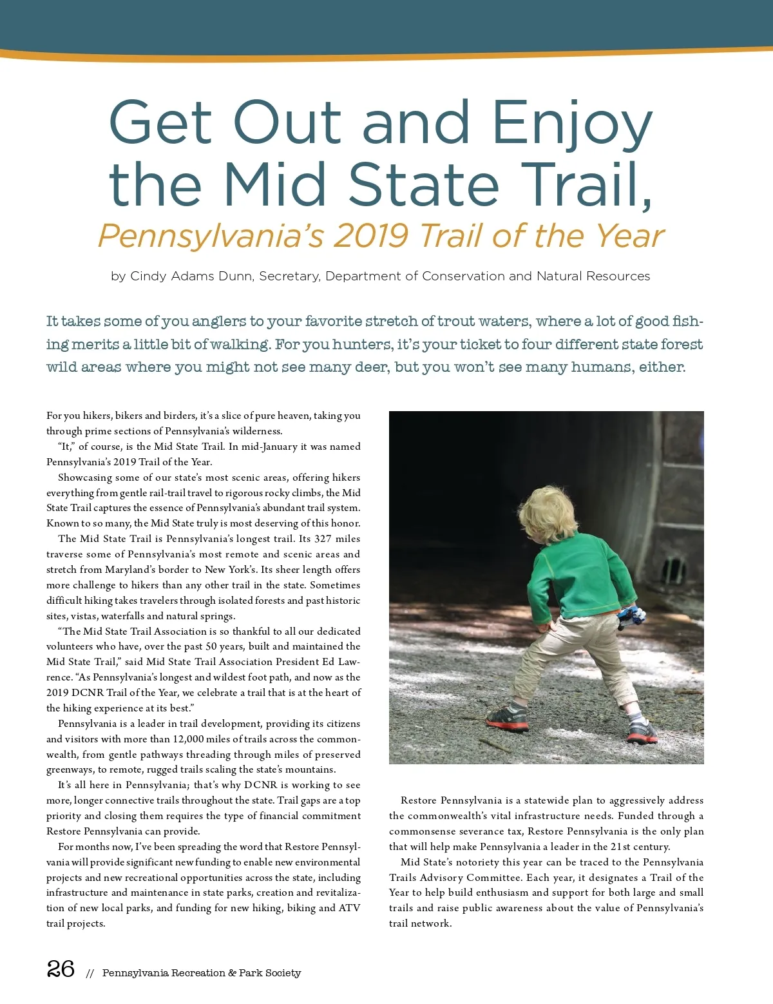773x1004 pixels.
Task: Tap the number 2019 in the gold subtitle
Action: [x=370, y=236]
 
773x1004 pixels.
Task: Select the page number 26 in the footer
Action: [x=61, y=969]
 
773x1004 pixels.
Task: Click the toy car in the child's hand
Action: [x=631, y=616]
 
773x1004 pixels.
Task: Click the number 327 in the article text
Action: [x=323, y=539]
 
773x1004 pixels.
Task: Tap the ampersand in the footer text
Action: [x=232, y=973]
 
